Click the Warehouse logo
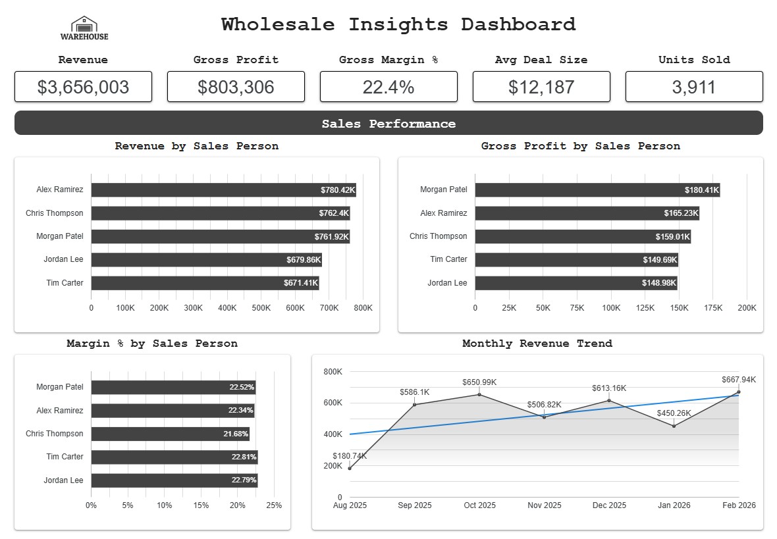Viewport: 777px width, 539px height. pyautogui.click(x=84, y=28)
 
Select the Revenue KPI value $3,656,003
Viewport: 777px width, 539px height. pyautogui.click(x=83, y=87)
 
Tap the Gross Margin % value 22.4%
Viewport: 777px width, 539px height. pyautogui.click(x=388, y=87)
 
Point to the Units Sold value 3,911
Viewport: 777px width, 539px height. pyautogui.click(x=694, y=87)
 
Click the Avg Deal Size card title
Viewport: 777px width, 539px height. pyautogui.click(x=541, y=60)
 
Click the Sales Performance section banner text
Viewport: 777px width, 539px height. pyautogui.click(x=388, y=124)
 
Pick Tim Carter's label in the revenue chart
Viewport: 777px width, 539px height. pyautogui.click(x=65, y=283)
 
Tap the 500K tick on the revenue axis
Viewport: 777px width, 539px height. pyautogui.click(x=261, y=308)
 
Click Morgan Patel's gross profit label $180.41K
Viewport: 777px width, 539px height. pyautogui.click(x=702, y=190)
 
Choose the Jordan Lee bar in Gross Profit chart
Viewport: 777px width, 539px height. pyautogui.click(x=576, y=283)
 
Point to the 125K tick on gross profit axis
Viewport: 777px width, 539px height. pyautogui.click(x=645, y=308)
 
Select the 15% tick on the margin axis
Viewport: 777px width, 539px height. pyautogui.click(x=201, y=505)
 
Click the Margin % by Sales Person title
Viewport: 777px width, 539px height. pyautogui.click(x=152, y=344)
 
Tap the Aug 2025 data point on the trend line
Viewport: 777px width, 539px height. pyautogui.click(x=350, y=469)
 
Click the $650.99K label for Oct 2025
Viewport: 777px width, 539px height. pyautogui.click(x=479, y=382)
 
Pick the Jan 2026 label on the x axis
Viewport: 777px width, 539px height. pyautogui.click(x=674, y=505)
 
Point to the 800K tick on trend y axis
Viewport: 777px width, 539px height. pyautogui.click(x=333, y=372)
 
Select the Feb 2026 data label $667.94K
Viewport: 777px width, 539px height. pyautogui.click(x=739, y=380)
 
